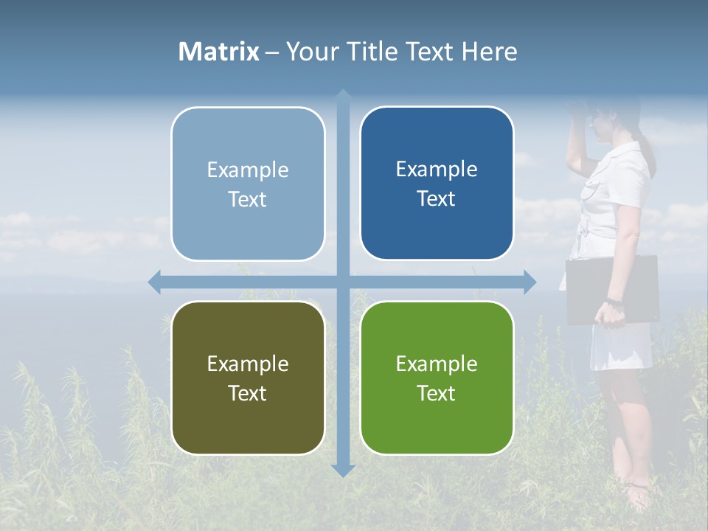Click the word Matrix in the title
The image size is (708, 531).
click(219, 52)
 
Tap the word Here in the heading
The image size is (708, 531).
click(489, 52)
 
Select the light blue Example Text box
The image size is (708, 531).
click(248, 184)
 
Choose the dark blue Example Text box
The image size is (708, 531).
click(437, 183)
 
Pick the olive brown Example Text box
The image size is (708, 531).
click(248, 378)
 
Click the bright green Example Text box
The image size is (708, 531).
click(437, 378)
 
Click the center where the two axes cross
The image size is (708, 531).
click(343, 282)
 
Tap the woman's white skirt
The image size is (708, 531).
click(619, 347)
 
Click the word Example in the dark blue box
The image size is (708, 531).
click(437, 169)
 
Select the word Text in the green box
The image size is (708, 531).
click(437, 393)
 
